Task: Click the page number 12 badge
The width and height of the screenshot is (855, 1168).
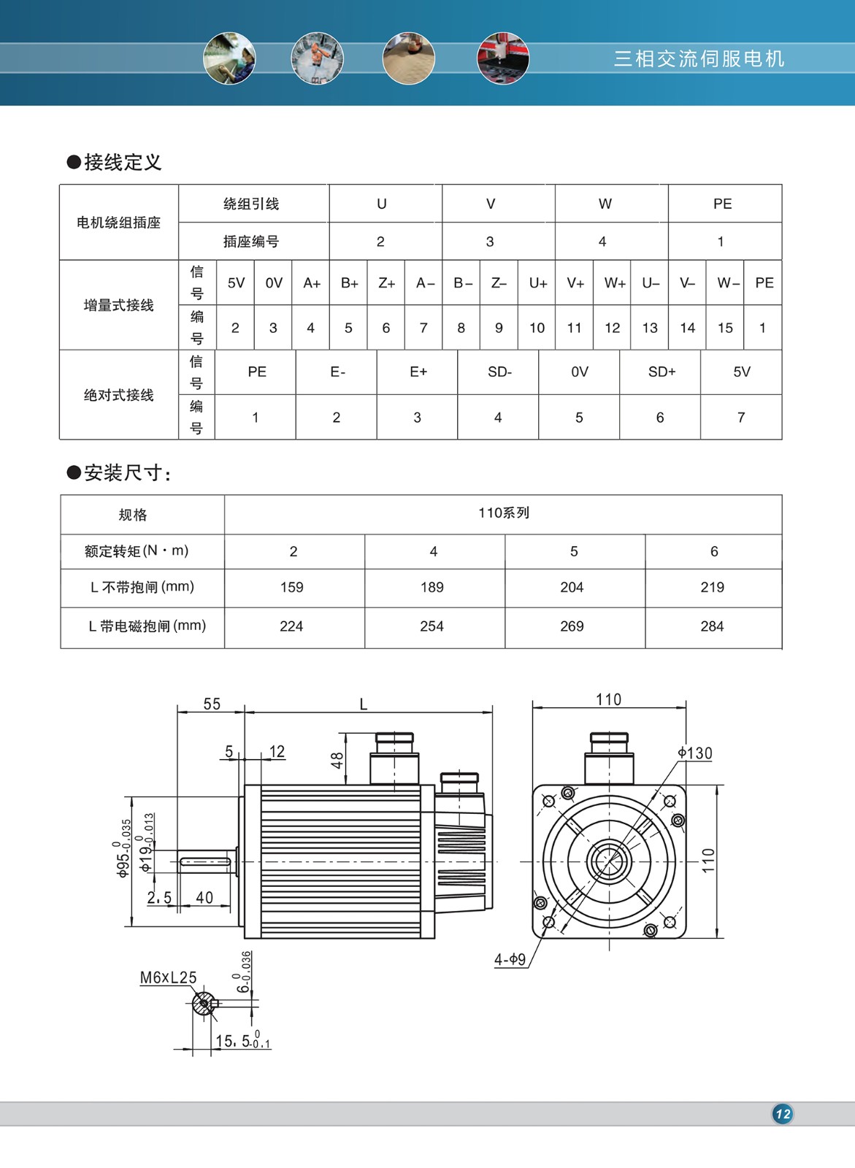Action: coord(783,1113)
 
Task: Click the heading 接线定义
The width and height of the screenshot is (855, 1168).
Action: coord(122,162)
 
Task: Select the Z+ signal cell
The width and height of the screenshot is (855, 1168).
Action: coord(386,283)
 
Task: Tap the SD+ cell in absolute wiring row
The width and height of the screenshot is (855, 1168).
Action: coord(662,372)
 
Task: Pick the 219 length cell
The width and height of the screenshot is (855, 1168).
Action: coord(712,587)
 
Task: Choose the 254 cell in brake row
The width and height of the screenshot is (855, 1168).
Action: coord(432,626)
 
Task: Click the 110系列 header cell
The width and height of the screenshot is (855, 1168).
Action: coord(503,513)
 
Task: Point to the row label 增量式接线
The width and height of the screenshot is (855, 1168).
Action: coord(118,305)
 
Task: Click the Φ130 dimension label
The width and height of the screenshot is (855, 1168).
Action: coord(694,753)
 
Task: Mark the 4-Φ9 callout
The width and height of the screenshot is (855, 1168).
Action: coord(510,959)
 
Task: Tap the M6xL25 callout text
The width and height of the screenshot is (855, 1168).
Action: coord(168,977)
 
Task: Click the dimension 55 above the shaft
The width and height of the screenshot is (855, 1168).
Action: coord(212,704)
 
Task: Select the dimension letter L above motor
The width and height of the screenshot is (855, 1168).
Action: coord(364,704)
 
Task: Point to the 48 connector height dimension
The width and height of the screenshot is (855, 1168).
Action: coord(337,761)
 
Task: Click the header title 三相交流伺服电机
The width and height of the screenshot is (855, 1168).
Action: coord(699,58)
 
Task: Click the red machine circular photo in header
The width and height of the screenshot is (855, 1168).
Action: coord(502,58)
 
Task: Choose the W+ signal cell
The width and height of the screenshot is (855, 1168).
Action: coord(615,283)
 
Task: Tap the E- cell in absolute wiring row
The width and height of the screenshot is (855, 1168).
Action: coord(337,372)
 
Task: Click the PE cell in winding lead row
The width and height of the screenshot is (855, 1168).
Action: coord(722,204)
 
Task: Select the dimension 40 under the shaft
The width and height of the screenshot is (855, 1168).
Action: coord(204,897)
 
